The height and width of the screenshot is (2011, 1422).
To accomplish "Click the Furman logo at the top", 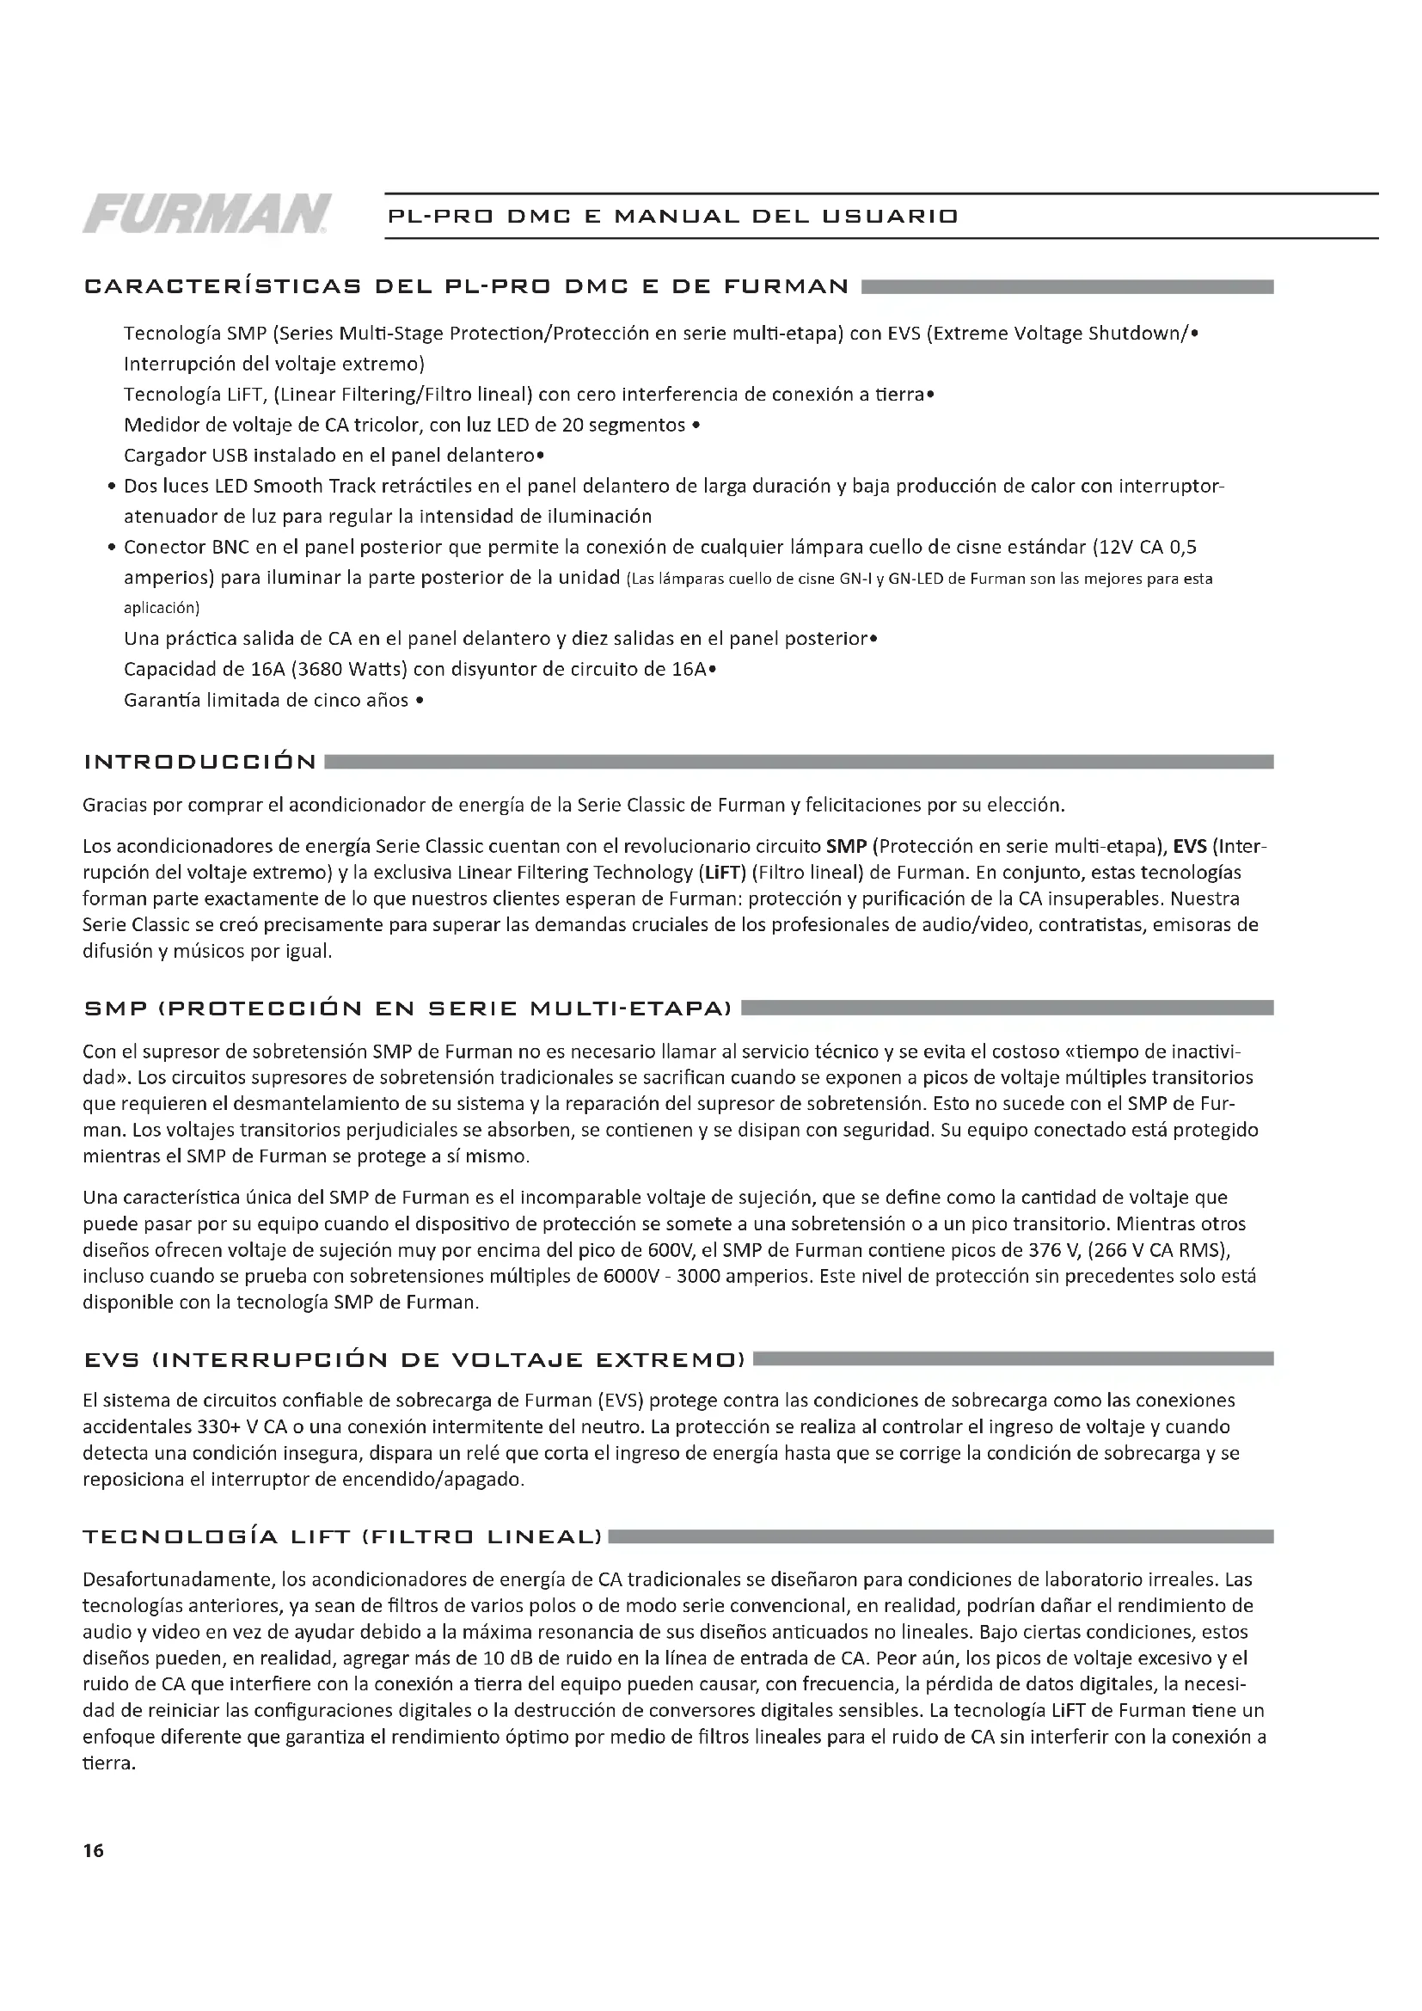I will (206, 214).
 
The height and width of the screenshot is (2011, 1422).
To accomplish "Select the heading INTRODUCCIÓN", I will (199, 762).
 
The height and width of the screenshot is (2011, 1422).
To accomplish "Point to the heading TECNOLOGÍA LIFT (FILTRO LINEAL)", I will (342, 1537).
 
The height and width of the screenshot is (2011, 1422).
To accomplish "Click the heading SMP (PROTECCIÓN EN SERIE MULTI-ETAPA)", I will (408, 1009).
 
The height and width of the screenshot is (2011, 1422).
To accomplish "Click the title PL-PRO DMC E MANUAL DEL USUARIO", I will (672, 216).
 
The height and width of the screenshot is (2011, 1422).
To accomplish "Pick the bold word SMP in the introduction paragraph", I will (847, 847).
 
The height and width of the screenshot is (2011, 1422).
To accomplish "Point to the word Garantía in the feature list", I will (160, 701).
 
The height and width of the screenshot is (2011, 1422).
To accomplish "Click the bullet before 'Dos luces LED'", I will (112, 487).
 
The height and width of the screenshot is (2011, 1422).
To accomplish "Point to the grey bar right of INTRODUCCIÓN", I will (798, 762).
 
